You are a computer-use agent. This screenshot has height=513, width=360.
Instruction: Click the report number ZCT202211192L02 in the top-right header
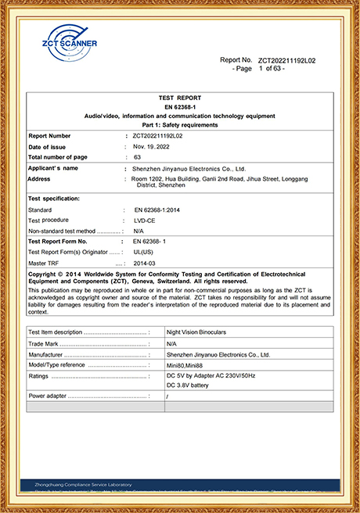pyautogui.click(x=286, y=60)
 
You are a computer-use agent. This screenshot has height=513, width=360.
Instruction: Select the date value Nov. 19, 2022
pyautogui.click(x=157, y=146)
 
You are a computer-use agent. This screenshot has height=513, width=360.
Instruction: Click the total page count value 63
pyautogui.click(x=137, y=157)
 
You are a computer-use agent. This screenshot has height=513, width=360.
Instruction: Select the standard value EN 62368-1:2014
pyautogui.click(x=161, y=210)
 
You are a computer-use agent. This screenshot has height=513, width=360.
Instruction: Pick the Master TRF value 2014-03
pyautogui.click(x=145, y=264)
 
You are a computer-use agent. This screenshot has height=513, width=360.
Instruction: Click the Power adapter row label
pyautogui.click(x=48, y=396)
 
